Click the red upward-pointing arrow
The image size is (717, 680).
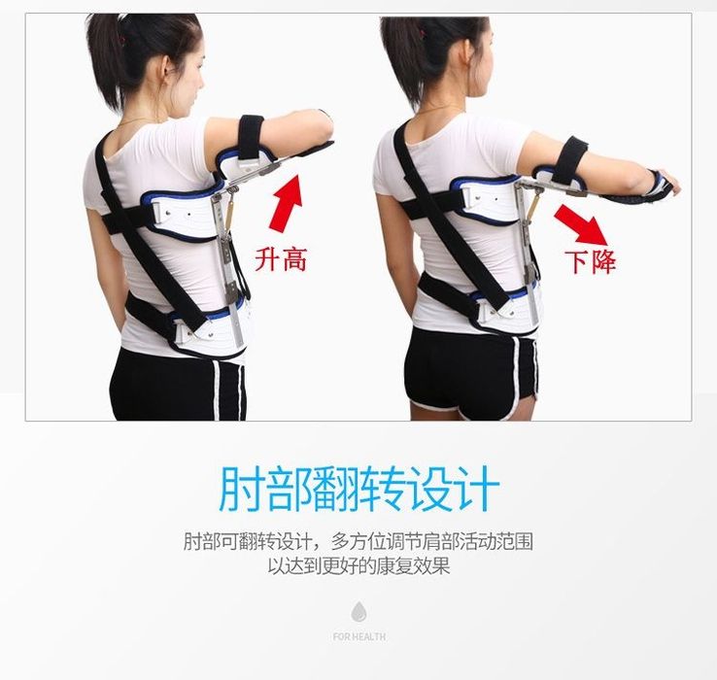(x=287, y=203)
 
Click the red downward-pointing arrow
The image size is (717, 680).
(x=582, y=224)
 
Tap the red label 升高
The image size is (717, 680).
(x=281, y=259)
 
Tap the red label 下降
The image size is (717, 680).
(x=590, y=261)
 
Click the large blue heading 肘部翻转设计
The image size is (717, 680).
(x=358, y=490)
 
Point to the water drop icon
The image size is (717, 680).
(x=358, y=611)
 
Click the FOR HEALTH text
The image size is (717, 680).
(x=358, y=636)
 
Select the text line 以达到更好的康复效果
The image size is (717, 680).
(x=358, y=566)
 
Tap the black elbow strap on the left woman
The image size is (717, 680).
(x=250, y=136)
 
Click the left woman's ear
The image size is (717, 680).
(x=169, y=68)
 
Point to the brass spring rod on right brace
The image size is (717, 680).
(x=533, y=204)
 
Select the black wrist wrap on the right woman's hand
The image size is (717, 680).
(x=640, y=189)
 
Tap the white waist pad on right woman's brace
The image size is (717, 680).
(x=507, y=312)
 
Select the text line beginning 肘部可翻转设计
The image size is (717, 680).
(x=358, y=542)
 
